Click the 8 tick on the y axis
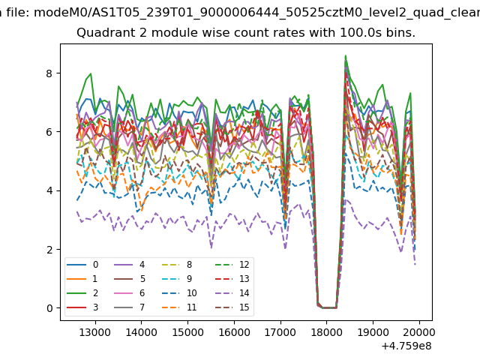coord(49,73)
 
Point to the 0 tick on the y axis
coord(49,308)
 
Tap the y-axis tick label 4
coord(49,190)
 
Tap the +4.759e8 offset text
coord(403,346)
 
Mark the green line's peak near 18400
coord(345,56)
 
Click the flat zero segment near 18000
coord(327,307)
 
